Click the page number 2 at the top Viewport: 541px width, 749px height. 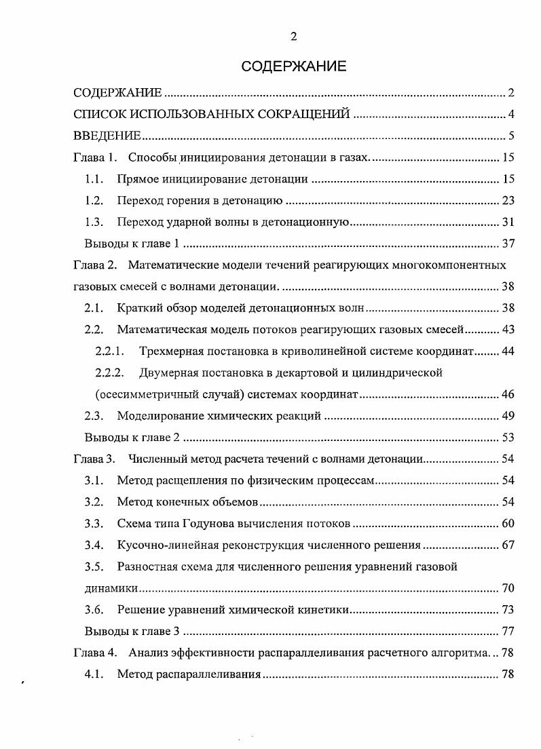(293, 37)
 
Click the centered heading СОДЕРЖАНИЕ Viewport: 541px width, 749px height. (293, 66)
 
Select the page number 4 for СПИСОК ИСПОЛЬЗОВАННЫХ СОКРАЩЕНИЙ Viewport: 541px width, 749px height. (510, 114)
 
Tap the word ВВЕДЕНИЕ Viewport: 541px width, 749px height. (107, 136)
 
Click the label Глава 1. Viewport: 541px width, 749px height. (95, 158)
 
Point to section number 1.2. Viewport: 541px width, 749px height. (94, 200)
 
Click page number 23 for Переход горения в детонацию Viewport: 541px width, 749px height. (508, 200)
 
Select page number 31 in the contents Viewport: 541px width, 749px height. (508, 222)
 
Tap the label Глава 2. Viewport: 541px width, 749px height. (95, 265)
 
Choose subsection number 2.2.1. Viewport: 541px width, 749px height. (111, 351)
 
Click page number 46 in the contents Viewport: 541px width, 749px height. (508, 394)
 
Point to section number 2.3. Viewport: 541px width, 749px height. (94, 416)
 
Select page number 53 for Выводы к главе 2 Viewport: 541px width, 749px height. (508, 437)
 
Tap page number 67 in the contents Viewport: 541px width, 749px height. (508, 545)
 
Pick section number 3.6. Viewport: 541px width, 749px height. (94, 609)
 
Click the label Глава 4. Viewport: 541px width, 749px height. (95, 653)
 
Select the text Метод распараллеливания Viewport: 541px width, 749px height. (189, 674)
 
